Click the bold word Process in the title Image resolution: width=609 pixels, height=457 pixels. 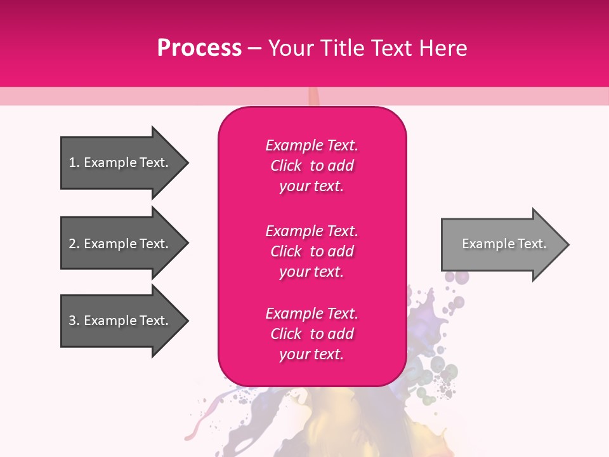tap(199, 48)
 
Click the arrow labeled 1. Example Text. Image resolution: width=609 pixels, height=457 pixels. tap(121, 162)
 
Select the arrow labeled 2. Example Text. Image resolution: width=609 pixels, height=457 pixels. tap(121, 244)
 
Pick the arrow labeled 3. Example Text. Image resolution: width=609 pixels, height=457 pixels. tap(121, 321)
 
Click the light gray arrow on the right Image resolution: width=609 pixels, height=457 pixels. tap(501, 244)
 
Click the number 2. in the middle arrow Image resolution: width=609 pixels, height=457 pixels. tap(74, 244)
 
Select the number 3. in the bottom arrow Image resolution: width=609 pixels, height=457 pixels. tap(74, 321)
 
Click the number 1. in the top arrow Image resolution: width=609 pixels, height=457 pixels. tap(74, 162)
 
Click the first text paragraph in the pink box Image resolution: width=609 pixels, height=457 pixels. tap(311, 166)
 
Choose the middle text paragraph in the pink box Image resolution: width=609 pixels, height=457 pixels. tap(311, 251)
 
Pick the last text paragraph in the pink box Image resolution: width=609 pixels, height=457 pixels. tap(311, 334)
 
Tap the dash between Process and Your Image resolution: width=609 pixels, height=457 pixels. tap(254, 48)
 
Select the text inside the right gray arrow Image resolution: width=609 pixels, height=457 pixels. tap(504, 244)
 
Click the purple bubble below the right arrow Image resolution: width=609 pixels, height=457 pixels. tap(462, 277)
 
